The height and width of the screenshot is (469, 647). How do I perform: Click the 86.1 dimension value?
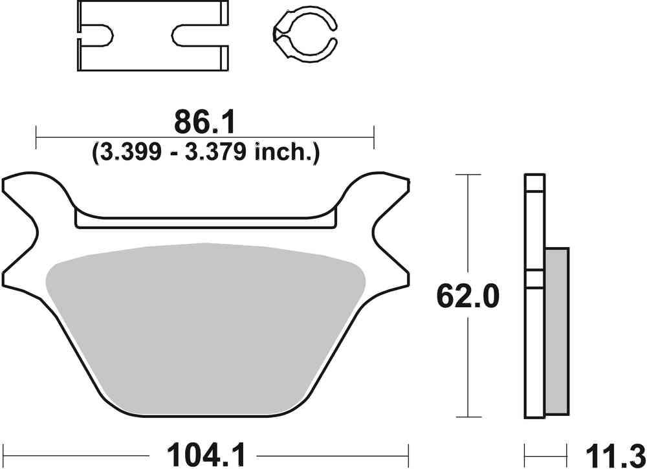tap(205, 122)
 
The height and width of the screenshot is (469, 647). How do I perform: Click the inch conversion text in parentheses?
tap(205, 153)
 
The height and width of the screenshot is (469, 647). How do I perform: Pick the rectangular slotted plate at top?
tap(153, 36)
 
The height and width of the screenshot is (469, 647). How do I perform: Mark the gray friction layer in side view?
tap(558, 330)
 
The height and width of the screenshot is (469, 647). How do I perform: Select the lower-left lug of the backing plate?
tap(26, 272)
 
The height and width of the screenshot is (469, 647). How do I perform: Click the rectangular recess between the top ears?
tap(205, 220)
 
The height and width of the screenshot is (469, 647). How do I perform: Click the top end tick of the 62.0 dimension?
tap(468, 175)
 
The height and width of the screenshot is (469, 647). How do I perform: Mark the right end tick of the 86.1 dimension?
tap(374, 136)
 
